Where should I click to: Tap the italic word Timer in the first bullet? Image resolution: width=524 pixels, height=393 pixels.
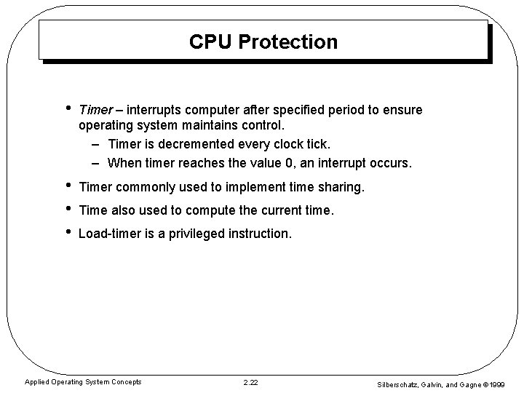tap(95, 109)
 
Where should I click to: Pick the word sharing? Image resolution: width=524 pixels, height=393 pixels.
tap(338, 187)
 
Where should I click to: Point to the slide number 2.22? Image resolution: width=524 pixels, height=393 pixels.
tap(250, 382)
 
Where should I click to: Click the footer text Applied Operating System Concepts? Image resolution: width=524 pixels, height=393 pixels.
tap(84, 382)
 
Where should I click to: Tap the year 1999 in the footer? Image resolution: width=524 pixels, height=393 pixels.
tap(496, 384)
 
